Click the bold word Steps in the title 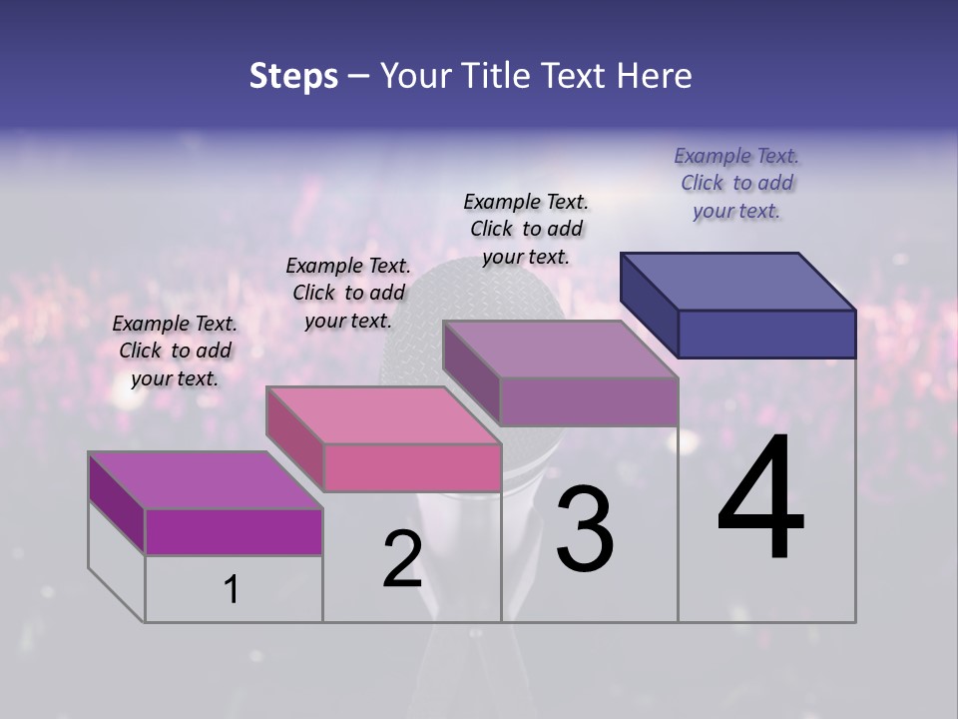click(292, 76)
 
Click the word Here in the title click(653, 76)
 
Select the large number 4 click(760, 499)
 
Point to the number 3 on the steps click(585, 529)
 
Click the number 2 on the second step click(402, 559)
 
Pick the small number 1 click(232, 589)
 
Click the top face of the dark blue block click(738, 281)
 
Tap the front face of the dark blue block click(766, 334)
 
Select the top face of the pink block click(383, 414)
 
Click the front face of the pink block click(412, 467)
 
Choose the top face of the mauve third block click(561, 349)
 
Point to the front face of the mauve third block click(589, 401)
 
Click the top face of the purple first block click(206, 480)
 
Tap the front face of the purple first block click(234, 532)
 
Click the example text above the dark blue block click(736, 184)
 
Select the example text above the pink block click(348, 293)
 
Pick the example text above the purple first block click(175, 351)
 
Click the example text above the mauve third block click(526, 229)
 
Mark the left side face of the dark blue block click(649, 305)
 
